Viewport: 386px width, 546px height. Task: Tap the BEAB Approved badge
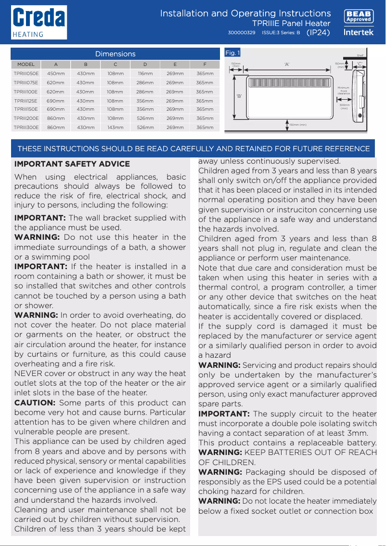click(x=359, y=16)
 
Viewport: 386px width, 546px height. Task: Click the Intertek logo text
click(x=359, y=32)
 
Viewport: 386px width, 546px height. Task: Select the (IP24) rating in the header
click(x=318, y=32)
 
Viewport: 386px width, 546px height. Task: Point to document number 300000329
click(x=241, y=33)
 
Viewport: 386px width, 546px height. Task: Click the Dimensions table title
click(x=115, y=54)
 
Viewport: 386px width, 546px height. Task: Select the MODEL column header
click(x=26, y=64)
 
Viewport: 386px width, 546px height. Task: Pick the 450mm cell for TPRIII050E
click(x=56, y=74)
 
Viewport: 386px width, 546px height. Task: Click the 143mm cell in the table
click(x=115, y=128)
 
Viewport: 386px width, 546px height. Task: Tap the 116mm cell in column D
click(x=145, y=74)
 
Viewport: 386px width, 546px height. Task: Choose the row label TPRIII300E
click(x=26, y=128)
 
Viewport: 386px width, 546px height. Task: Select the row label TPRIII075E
click(x=26, y=83)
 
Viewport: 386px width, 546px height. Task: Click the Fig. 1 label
click(x=232, y=52)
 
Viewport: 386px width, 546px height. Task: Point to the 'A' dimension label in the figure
click(x=287, y=64)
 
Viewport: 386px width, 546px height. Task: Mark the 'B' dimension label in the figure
click(x=238, y=96)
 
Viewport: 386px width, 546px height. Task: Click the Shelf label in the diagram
click(x=360, y=56)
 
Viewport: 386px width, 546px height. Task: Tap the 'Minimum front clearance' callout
click(x=344, y=91)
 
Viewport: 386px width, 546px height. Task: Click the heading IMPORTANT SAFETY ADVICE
click(x=72, y=164)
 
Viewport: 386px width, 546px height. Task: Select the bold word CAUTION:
click(x=35, y=403)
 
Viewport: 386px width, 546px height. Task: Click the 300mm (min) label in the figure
click(x=344, y=106)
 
